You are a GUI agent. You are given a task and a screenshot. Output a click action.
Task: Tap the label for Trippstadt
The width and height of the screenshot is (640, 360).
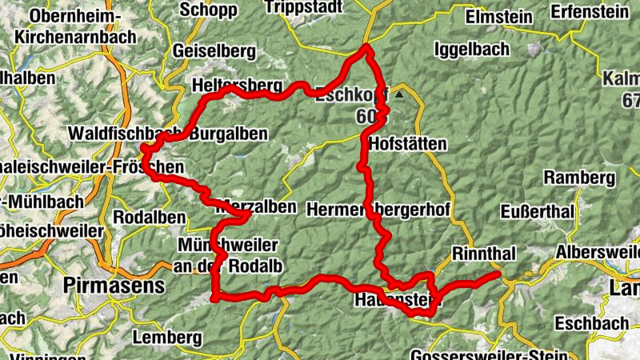tap(304, 8)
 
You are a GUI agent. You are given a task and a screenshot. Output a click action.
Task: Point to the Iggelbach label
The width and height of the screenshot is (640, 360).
tap(471, 50)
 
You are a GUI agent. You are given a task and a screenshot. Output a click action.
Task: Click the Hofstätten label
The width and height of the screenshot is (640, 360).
tap(408, 144)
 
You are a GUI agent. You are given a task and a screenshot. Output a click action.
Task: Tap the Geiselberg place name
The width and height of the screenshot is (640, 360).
tap(214, 51)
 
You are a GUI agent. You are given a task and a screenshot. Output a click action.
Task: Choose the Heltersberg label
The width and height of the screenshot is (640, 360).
tap(238, 86)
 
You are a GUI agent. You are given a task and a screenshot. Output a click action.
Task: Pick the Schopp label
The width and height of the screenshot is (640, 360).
tap(209, 10)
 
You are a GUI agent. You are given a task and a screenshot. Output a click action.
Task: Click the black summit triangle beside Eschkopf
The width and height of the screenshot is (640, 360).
tap(399, 93)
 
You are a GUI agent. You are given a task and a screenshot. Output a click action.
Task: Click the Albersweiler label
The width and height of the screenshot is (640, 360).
tap(598, 252)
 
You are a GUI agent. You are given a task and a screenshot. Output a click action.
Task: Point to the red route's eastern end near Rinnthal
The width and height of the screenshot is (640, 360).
tap(499, 275)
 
